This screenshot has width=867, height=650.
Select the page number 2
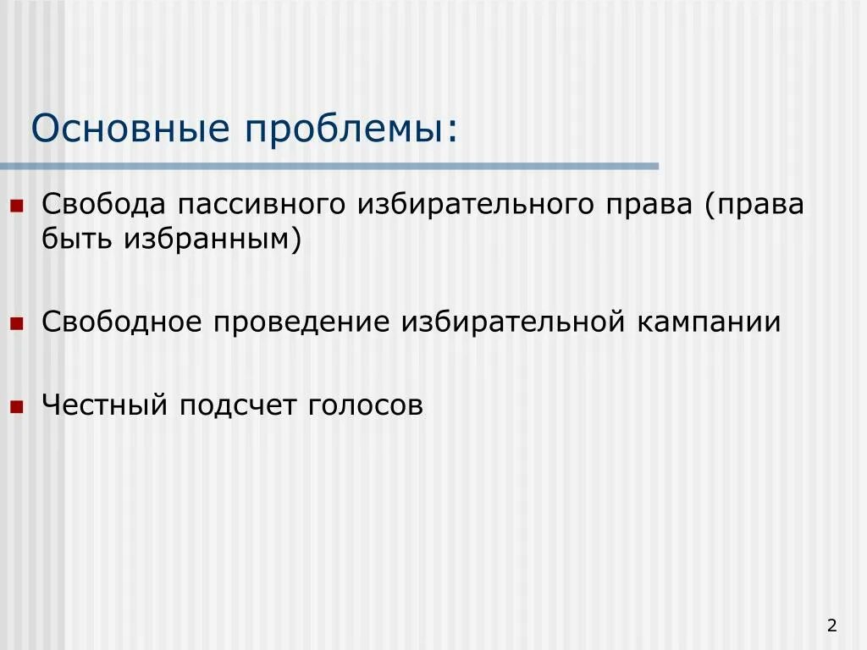[832, 625]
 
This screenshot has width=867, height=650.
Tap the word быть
[76, 240]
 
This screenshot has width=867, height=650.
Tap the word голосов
[365, 405]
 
